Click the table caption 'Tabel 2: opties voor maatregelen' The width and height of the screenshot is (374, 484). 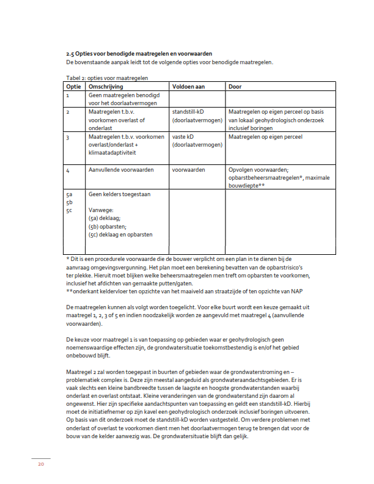[106, 79]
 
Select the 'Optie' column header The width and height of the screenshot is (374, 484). [73, 87]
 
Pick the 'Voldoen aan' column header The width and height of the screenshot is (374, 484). [189, 87]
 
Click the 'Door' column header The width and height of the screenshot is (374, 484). [235, 87]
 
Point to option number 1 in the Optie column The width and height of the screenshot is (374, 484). [68, 96]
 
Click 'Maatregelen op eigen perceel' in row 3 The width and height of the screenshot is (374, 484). [265, 137]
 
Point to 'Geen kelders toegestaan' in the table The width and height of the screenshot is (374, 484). [119, 194]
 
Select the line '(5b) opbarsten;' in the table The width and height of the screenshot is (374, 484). [108, 226]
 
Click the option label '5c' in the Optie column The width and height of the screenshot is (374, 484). [69, 210]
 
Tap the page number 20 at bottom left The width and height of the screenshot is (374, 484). [41, 464]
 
